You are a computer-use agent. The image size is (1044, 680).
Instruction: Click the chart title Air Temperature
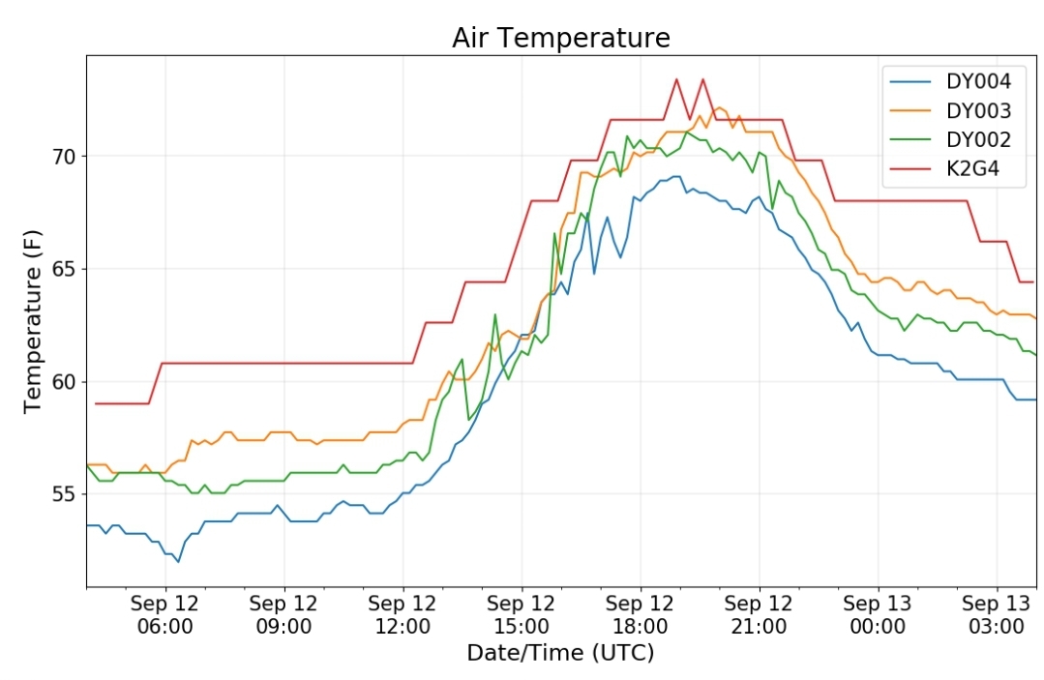(x=560, y=38)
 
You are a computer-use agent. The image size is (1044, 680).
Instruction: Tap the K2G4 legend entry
(x=944, y=169)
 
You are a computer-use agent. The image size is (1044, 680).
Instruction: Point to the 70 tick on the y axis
(x=65, y=157)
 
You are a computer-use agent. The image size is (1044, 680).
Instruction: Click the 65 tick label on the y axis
(x=65, y=270)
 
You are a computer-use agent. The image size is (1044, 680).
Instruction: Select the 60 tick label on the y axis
(x=65, y=382)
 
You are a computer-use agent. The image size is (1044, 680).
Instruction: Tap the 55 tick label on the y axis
(x=65, y=494)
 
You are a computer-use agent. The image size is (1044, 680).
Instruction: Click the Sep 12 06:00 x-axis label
(x=165, y=615)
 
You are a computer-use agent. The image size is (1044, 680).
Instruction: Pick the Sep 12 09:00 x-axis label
(x=283, y=615)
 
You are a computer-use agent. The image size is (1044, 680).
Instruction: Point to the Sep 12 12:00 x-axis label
(x=403, y=615)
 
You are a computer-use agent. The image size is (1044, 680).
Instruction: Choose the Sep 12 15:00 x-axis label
(x=522, y=615)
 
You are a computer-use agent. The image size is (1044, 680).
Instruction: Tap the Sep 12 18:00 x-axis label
(x=640, y=615)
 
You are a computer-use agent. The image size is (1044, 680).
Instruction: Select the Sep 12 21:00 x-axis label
(x=759, y=615)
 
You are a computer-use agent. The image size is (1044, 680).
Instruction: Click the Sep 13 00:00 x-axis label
(x=878, y=615)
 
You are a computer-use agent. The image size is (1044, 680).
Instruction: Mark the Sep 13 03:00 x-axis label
(x=997, y=615)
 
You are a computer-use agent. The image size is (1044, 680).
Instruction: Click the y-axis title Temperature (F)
(x=33, y=321)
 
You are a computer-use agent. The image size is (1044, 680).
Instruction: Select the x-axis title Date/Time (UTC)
(x=560, y=653)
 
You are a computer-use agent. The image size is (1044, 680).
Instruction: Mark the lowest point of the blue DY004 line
(x=178, y=562)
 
